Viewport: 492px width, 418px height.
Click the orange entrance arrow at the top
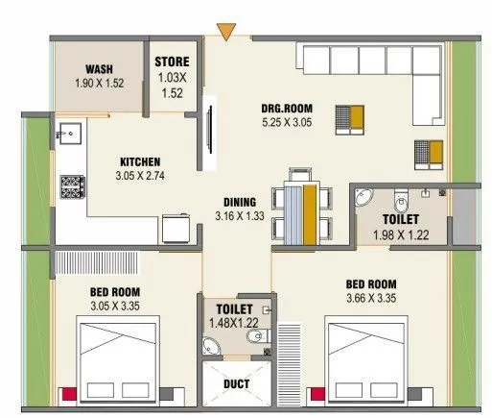click(x=224, y=33)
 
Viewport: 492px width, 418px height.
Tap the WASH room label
click(x=100, y=69)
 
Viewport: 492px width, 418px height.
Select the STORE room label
click(x=174, y=63)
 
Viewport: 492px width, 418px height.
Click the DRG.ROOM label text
click(x=283, y=108)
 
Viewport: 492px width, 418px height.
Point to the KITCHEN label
click(x=139, y=161)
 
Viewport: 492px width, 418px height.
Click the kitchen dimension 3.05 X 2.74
click(x=139, y=176)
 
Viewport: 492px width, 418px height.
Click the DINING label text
click(x=239, y=202)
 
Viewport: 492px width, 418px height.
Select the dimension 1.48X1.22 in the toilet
click(x=234, y=323)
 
